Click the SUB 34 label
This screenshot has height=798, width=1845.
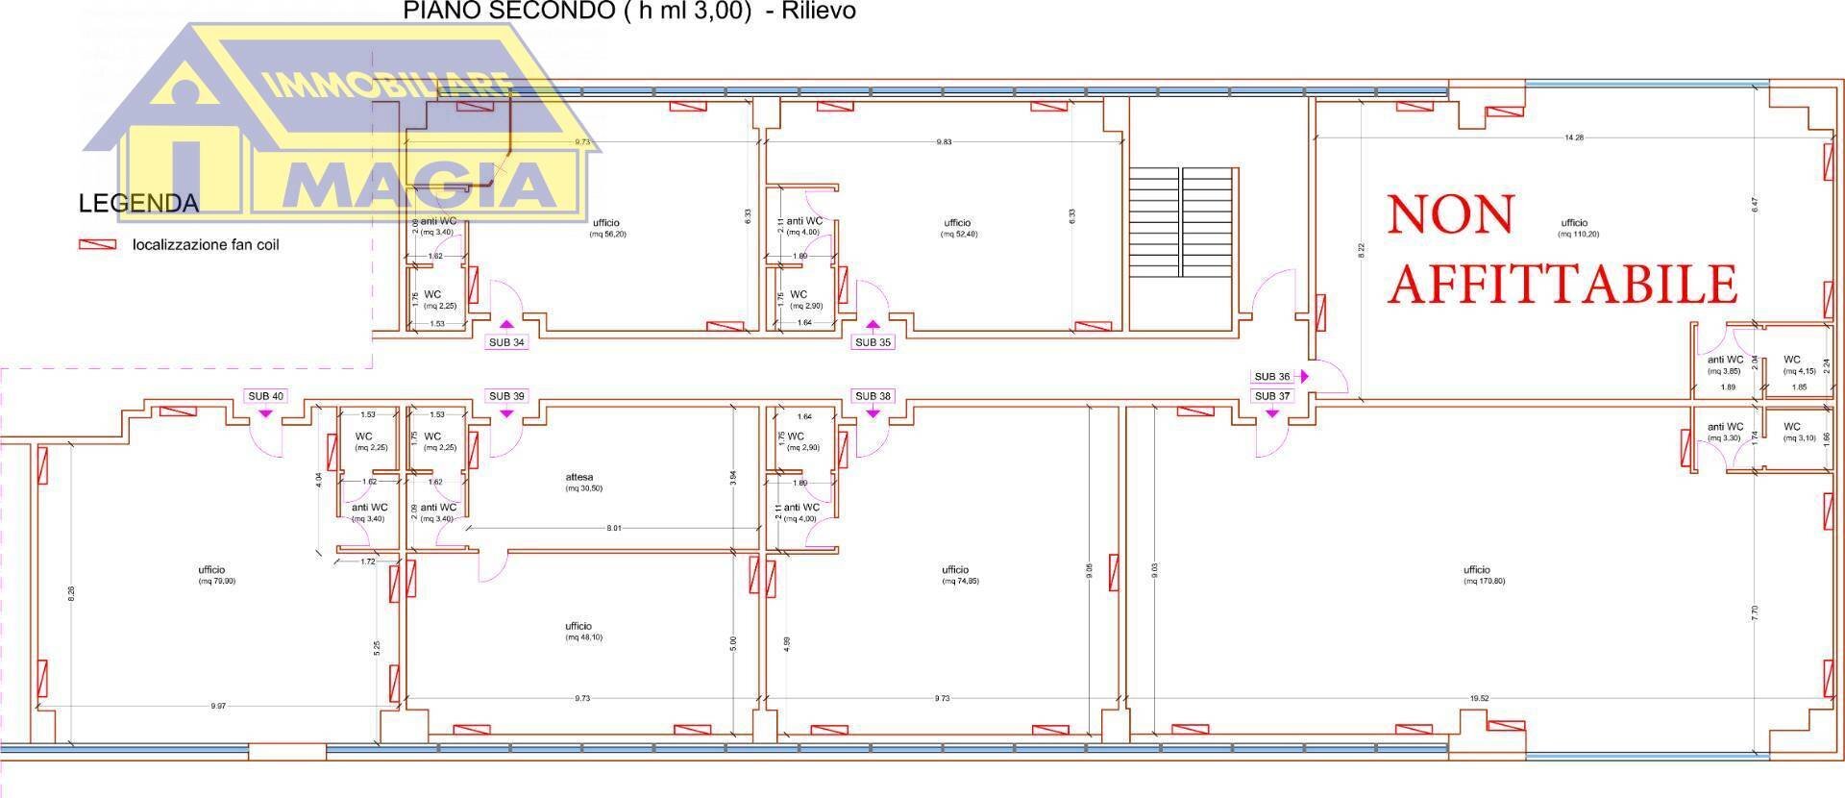pos(506,342)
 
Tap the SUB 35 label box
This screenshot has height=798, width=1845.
pos(873,342)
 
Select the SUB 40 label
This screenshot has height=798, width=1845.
pos(265,396)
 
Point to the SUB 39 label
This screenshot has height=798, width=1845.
pos(506,396)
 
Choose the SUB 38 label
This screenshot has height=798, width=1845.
pos(873,396)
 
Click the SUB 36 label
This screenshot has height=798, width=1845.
pos(1272,377)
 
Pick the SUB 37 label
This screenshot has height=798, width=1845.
pos(1272,396)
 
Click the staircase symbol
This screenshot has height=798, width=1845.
pos(1182,223)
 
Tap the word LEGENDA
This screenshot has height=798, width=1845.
pos(138,204)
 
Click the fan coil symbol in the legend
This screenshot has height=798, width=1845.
pos(97,245)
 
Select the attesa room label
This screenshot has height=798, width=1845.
pos(579,482)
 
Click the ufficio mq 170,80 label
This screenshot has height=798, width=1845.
pos(1477,575)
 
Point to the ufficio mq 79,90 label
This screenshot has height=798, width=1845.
pos(212,575)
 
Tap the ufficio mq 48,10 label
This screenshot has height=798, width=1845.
pos(579,631)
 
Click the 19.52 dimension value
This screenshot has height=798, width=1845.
pos(1478,700)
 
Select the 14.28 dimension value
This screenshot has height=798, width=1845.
pos(1573,137)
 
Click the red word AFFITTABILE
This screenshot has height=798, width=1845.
pos(1563,283)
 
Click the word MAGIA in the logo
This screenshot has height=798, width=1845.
pos(421,185)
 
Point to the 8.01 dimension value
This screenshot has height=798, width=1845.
pos(614,528)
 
